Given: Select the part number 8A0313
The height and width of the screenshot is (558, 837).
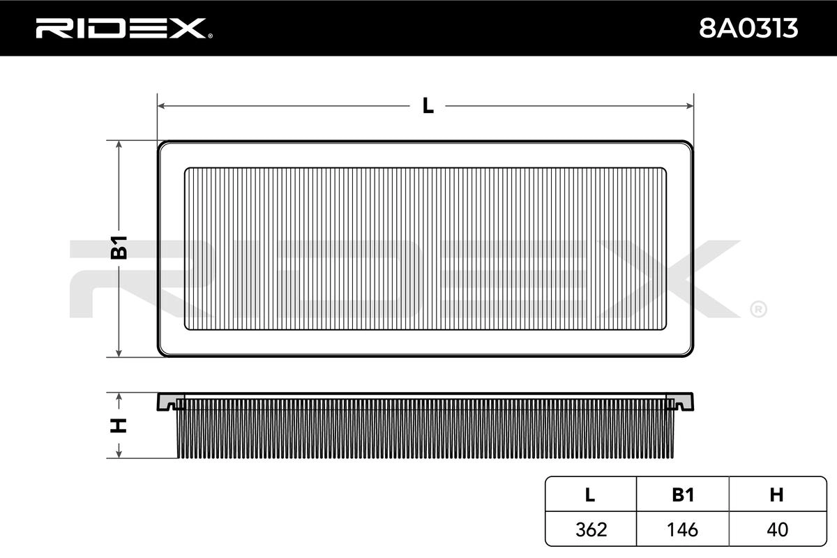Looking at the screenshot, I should (748, 29).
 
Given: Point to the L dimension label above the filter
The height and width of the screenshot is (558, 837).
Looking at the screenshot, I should (428, 106).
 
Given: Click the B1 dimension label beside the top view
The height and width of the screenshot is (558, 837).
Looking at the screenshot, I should (120, 248).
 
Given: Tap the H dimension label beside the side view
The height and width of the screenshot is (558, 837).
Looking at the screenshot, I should (120, 425).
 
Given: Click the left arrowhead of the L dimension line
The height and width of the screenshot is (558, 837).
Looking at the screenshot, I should (162, 106).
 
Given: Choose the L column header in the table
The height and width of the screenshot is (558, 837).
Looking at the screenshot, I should (590, 495).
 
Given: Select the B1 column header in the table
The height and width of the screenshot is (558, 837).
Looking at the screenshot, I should (682, 495).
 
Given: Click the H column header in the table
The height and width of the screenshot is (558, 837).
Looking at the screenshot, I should (776, 495).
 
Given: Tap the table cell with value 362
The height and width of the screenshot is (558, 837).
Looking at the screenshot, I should (590, 529).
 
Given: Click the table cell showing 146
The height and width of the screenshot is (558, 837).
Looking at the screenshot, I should (682, 529).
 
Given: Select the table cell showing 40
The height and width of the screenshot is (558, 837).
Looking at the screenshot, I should (776, 529).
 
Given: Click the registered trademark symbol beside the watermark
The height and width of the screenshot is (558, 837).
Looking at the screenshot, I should (758, 308).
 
